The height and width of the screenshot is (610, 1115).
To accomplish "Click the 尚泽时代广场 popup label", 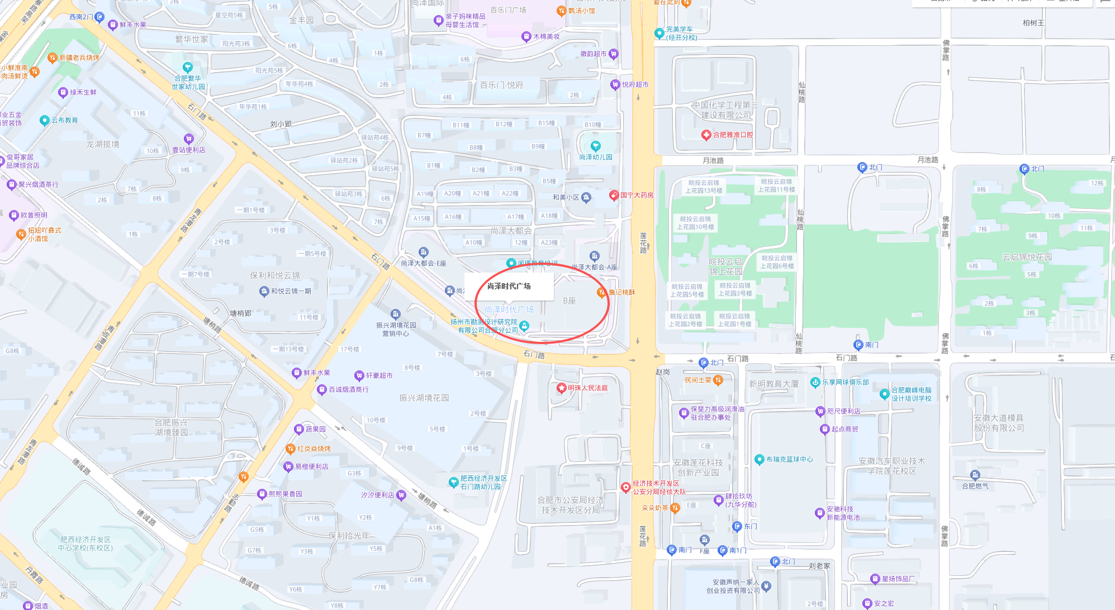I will (x=509, y=286).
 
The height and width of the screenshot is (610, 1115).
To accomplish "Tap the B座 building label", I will (x=569, y=301).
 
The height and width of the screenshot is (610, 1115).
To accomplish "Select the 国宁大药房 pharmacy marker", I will (x=614, y=196).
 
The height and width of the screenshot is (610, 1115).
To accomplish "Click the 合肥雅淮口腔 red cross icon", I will (x=706, y=135).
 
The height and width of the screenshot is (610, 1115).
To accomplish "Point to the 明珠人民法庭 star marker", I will (x=562, y=388).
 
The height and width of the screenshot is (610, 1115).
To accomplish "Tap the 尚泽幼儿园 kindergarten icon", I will (x=596, y=146).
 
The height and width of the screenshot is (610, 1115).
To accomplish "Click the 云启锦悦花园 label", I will (x=1027, y=257).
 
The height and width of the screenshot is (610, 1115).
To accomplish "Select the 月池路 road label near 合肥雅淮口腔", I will (x=713, y=160).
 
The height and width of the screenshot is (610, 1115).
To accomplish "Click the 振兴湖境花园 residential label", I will (x=424, y=398).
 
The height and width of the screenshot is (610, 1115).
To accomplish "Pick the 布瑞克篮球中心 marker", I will (x=759, y=459).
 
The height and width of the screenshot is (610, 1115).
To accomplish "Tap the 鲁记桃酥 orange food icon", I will (x=601, y=292).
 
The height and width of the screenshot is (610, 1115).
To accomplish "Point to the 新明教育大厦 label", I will (x=774, y=384).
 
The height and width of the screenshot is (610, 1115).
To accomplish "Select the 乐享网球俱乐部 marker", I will (x=815, y=383).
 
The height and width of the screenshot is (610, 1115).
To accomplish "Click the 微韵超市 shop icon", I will (x=614, y=54).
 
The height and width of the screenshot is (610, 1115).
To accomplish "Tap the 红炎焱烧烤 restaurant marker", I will (x=290, y=449).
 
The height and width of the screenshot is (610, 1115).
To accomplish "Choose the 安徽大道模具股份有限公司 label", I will (x=999, y=423).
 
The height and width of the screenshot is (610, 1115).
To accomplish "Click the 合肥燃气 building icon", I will (x=975, y=475).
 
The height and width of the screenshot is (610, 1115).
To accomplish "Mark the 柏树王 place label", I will (x=1033, y=23).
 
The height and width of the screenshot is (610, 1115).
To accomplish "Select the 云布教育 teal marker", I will (x=45, y=120).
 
